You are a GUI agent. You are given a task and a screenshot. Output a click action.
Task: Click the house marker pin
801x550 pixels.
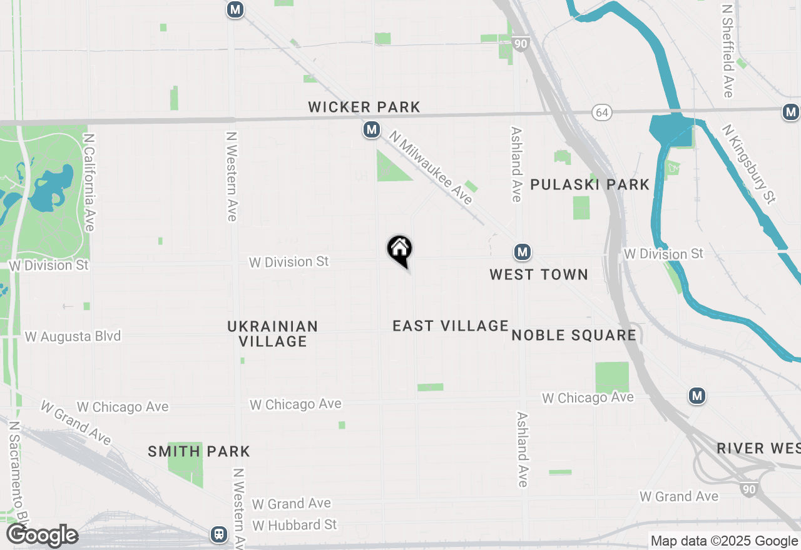tap(400, 251)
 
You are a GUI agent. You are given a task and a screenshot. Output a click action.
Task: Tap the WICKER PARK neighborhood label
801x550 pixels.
tap(364, 107)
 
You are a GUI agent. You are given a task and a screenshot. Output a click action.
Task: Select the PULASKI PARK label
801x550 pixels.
tap(590, 185)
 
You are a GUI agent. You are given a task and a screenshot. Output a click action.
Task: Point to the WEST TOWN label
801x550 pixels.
tap(539, 274)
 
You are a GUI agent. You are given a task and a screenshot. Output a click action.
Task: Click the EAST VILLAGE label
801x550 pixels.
tap(451, 326)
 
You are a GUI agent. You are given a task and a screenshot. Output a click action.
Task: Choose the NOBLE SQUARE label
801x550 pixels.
tap(574, 336)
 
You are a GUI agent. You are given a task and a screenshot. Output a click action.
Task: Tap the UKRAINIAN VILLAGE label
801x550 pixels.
tap(273, 334)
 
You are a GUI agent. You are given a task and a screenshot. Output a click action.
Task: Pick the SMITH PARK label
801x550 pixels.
tap(199, 451)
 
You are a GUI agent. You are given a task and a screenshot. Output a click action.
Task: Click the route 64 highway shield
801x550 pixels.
tap(602, 112)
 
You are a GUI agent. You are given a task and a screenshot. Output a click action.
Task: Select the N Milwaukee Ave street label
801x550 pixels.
tap(431, 167)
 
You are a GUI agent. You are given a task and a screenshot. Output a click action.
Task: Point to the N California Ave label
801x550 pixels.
tap(89, 182)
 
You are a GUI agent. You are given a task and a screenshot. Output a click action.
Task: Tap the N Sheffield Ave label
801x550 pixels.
tap(727, 52)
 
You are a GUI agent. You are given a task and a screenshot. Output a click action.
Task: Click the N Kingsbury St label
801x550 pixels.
tap(749, 163)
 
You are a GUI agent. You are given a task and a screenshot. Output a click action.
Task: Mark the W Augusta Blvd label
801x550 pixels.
tap(73, 336)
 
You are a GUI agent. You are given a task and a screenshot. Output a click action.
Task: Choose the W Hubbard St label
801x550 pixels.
tap(295, 524)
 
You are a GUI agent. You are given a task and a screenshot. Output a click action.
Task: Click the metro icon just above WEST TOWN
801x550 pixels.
tap(523, 252)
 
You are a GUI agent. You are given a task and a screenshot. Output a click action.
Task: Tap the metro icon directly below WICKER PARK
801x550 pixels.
tap(372, 130)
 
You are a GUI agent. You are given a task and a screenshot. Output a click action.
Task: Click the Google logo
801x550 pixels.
tap(42, 536)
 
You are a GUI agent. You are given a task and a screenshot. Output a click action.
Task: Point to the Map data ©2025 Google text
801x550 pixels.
tap(724, 541)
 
